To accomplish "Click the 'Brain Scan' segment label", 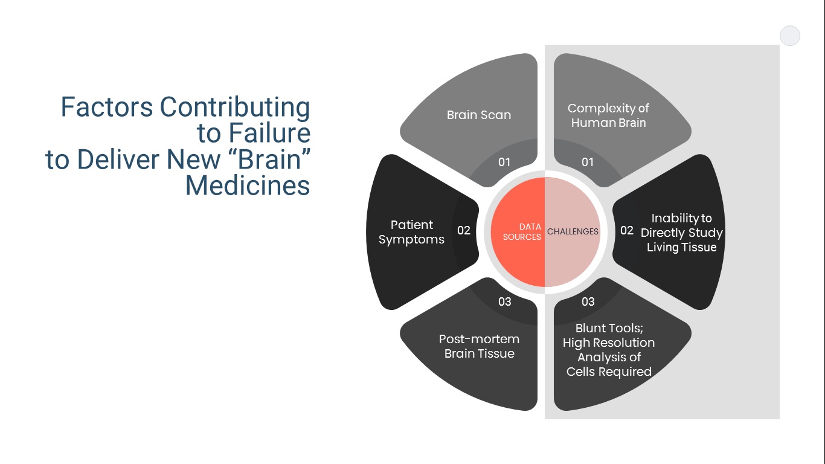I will [478, 115].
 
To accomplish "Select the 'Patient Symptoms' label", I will [411, 232].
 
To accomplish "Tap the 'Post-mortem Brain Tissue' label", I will [479, 346].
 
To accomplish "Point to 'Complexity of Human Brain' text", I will [608, 115].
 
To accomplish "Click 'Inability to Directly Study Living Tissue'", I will [681, 233].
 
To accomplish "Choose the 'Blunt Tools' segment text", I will [609, 350].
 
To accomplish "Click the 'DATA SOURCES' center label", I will [522, 232].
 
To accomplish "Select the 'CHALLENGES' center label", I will [573, 231].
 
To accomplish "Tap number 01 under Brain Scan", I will [504, 162].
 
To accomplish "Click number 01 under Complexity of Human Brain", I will [588, 162].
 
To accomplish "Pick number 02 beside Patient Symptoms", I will [464, 230].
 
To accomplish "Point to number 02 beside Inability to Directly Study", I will [627, 230].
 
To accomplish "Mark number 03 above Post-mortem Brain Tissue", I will [505, 301].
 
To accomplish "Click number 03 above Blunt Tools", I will [588, 301].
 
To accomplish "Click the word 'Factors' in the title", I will [106, 108].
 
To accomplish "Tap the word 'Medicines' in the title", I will [248, 185].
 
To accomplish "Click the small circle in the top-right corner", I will [790, 36].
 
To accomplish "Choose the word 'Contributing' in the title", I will [235, 108].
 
